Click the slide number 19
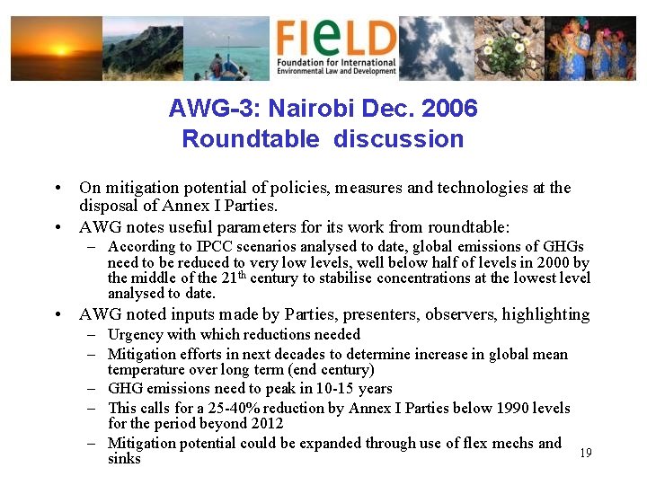click(586, 453)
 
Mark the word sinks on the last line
click(124, 459)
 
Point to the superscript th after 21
click(243, 274)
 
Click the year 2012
click(265, 423)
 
